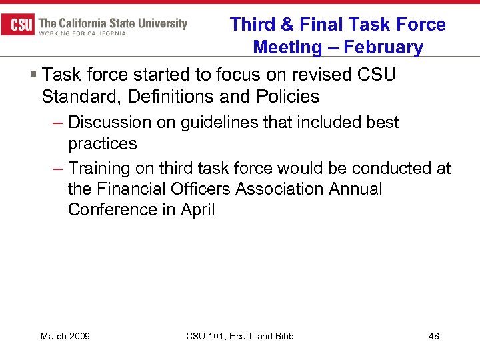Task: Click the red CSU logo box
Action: (18, 25)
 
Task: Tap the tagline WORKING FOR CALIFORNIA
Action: (83, 34)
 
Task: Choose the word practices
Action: (102, 144)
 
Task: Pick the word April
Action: (199, 209)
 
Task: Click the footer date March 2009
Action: (65, 336)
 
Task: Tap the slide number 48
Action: (433, 336)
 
